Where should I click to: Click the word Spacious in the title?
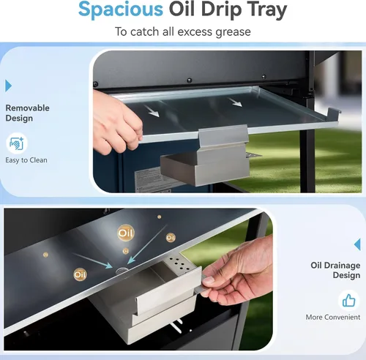point(121,10)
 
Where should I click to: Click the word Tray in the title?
point(267,10)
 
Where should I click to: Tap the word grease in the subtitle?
point(233,32)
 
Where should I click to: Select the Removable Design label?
point(27,113)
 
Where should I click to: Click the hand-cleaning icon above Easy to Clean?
point(17,143)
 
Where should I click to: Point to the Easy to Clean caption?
point(26,160)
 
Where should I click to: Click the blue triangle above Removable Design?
point(8,86)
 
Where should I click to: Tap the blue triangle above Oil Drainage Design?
point(357,244)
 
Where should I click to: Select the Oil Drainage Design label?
point(335,270)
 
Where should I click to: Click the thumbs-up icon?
point(348,300)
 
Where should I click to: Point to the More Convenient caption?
point(333,317)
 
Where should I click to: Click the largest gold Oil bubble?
point(126,233)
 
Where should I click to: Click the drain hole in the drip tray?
point(122,270)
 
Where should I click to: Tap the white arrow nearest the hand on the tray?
point(152,111)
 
